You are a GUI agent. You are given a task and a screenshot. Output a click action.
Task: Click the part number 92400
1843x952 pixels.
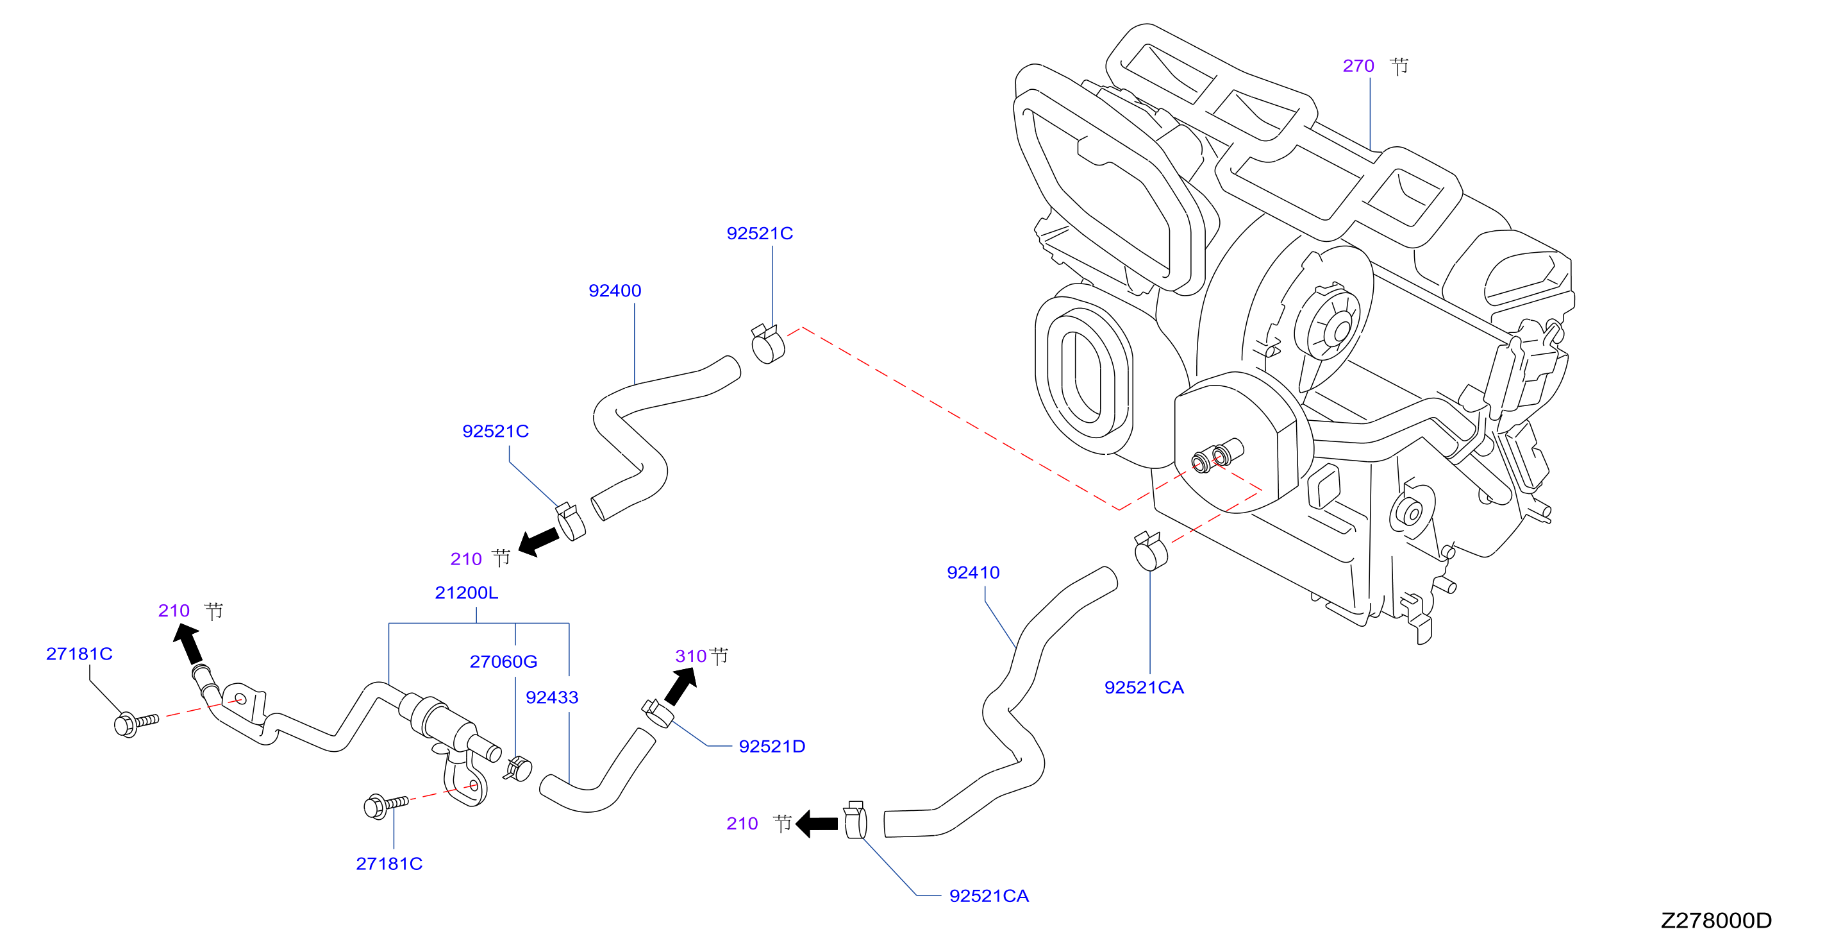coord(615,291)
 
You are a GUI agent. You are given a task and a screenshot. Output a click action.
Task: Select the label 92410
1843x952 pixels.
coord(973,573)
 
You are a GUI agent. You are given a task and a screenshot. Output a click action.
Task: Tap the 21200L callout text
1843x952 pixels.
coord(467,593)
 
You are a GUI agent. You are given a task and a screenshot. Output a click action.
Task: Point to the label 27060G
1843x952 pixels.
coord(504,661)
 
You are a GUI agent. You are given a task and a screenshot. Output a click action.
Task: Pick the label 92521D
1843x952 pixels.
coord(772,747)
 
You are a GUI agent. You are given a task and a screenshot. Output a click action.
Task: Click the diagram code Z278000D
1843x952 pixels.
coord(1715,921)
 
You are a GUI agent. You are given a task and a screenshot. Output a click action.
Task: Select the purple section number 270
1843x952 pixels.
coord(1358,66)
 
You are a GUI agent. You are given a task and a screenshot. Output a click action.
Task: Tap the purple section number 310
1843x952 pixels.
coord(690,656)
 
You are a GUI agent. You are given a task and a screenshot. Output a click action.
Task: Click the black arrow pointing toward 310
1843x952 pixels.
coord(680,686)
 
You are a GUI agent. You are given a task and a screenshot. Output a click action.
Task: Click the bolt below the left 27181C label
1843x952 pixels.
coord(136,723)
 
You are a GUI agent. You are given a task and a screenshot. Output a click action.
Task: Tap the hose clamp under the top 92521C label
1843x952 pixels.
coord(768,344)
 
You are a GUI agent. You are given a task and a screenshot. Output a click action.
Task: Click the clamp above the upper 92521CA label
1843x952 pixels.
coord(1151,551)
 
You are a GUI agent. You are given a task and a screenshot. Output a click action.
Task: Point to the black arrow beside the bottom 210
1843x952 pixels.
coord(816,824)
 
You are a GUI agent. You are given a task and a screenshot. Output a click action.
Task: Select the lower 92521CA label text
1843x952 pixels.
coord(988,896)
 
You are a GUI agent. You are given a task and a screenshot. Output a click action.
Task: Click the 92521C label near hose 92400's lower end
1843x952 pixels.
coord(495,432)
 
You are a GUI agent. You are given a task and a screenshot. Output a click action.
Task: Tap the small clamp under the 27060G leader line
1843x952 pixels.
coord(519,769)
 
